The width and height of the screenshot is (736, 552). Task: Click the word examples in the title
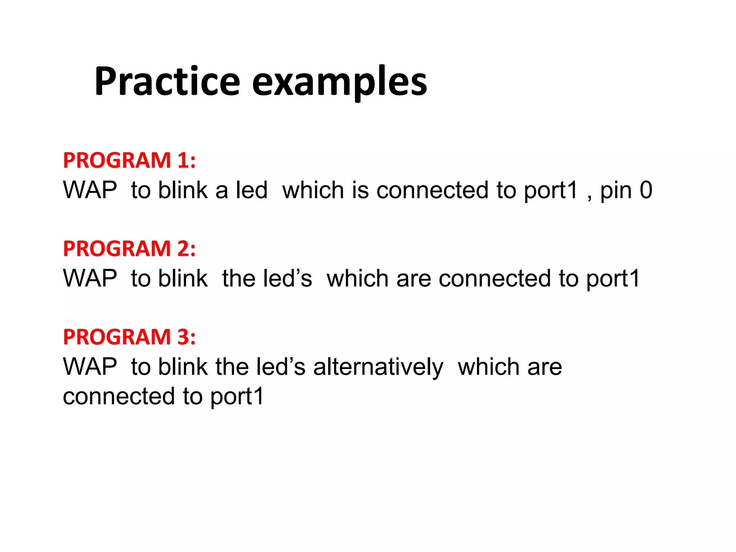[x=340, y=83]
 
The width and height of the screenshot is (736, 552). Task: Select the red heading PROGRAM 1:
[x=129, y=160]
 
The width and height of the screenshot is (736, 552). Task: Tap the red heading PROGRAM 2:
[x=129, y=249]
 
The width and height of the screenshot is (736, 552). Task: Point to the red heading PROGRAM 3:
[x=129, y=337]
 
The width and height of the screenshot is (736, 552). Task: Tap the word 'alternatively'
[x=378, y=367]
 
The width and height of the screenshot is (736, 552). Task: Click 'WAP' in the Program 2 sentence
[x=90, y=279]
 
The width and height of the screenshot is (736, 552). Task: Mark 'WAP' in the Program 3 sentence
[x=90, y=367]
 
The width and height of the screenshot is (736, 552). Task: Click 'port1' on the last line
[x=237, y=397]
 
